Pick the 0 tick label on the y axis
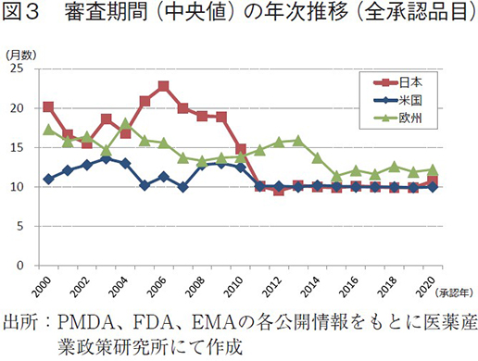click(x=29, y=266)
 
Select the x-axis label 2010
click(x=238, y=284)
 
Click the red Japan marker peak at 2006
click(x=163, y=86)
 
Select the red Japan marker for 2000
click(x=48, y=106)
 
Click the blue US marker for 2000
click(x=48, y=179)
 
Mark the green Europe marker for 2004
click(x=125, y=123)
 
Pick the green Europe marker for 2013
click(x=297, y=140)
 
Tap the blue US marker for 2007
click(x=182, y=187)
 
